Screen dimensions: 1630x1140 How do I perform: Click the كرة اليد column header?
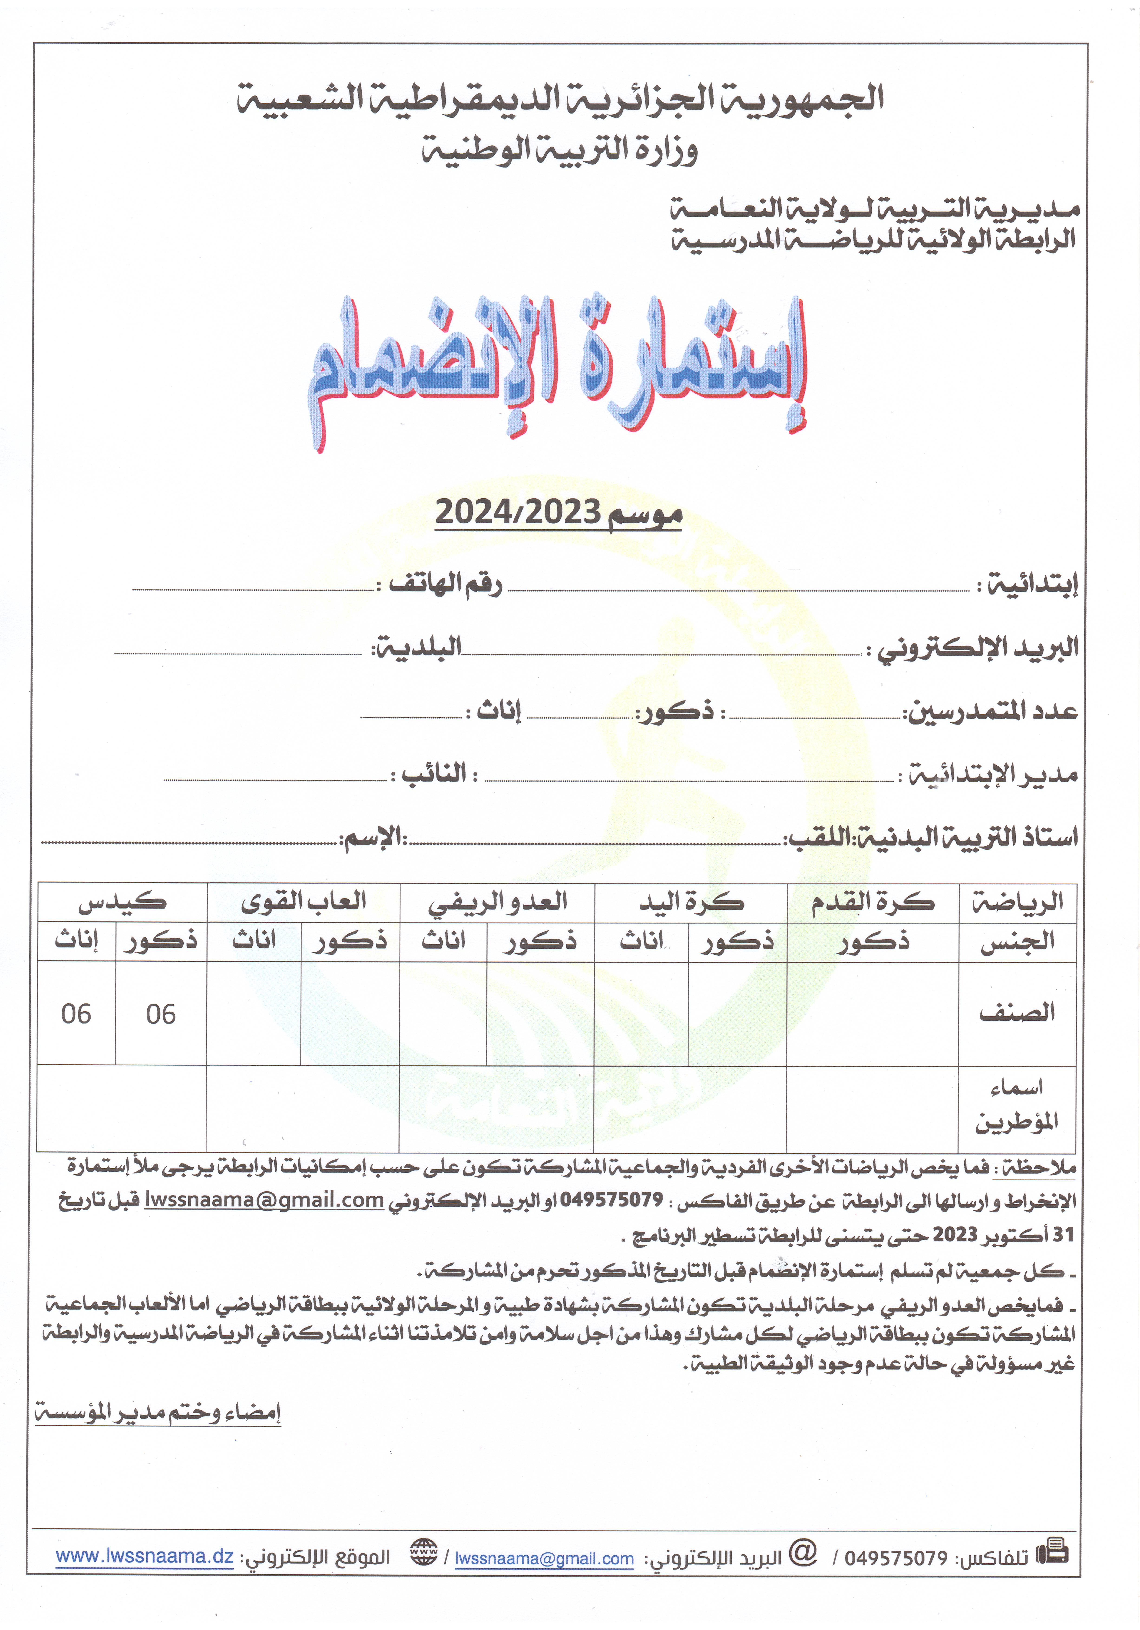pyautogui.click(x=691, y=902)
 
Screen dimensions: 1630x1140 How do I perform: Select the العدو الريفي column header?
pyautogui.click(x=497, y=902)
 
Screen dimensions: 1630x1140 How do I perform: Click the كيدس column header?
pyautogui.click(x=122, y=902)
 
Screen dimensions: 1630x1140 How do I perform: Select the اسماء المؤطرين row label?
pyautogui.click(x=1016, y=1105)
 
